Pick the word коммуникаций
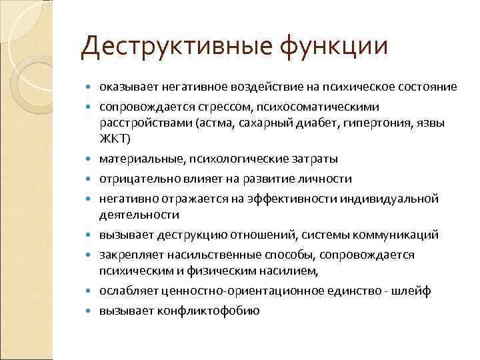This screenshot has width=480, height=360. click(x=393, y=235)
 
